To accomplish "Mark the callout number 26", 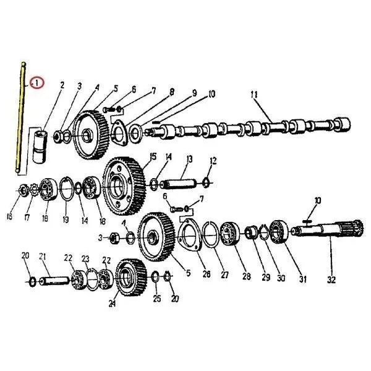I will point(206,274).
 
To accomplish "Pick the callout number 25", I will point(157,299).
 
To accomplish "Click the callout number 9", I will point(194,93).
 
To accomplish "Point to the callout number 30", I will point(282,279).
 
